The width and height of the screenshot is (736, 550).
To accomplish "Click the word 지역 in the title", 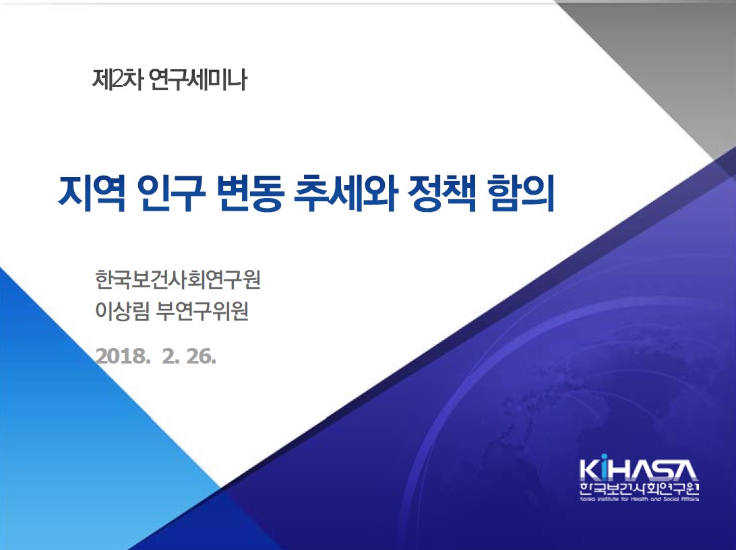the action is pyautogui.click(x=92, y=193).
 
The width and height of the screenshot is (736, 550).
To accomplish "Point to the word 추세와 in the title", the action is pyautogui.click(x=346, y=193).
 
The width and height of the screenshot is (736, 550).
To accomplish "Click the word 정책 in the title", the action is pyautogui.click(x=441, y=193).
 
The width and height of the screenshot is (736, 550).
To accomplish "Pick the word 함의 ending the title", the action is pyautogui.click(x=521, y=193).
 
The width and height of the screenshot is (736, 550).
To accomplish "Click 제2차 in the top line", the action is pyautogui.click(x=117, y=79).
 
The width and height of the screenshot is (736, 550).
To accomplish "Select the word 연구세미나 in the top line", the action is pyautogui.click(x=197, y=79).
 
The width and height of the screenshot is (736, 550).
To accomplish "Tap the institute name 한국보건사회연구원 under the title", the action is pyautogui.click(x=178, y=279).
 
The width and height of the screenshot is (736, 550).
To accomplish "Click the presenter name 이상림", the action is pyautogui.click(x=122, y=310).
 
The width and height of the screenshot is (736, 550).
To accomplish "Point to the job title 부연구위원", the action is pyautogui.click(x=202, y=310).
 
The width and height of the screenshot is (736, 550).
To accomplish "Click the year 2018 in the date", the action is pyautogui.click(x=121, y=356).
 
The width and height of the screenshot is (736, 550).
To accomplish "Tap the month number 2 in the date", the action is pyautogui.click(x=168, y=356).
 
